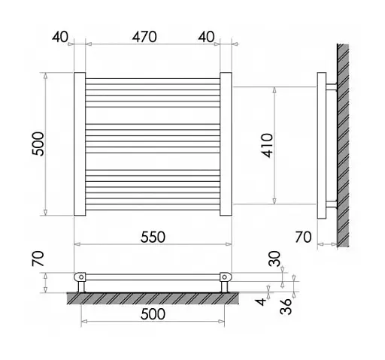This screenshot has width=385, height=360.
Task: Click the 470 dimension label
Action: click(x=144, y=37)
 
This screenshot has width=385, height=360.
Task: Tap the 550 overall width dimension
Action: click(x=153, y=237)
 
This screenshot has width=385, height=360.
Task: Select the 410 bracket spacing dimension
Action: click(x=267, y=146)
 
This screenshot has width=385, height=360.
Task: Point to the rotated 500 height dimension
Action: click(x=38, y=144)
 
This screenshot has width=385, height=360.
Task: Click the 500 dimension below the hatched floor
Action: click(x=153, y=314)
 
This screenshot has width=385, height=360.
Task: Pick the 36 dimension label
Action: click(x=286, y=306)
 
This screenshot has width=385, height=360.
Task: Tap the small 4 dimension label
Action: click(x=262, y=301)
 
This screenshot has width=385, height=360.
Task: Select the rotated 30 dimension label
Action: click(x=274, y=259)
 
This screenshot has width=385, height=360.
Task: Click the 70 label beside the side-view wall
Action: click(x=303, y=237)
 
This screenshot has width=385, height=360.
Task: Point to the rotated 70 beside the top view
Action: click(x=38, y=259)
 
